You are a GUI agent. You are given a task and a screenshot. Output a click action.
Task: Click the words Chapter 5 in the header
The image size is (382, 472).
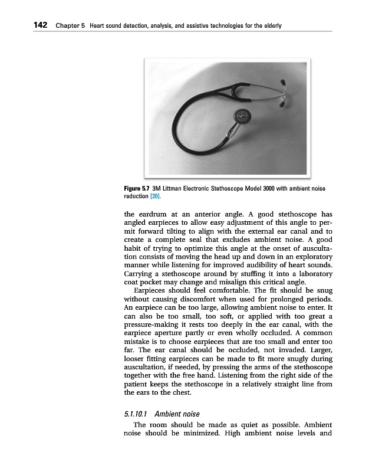click(x=71, y=26)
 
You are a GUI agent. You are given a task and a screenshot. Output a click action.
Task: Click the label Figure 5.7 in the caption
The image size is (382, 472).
click(x=137, y=188)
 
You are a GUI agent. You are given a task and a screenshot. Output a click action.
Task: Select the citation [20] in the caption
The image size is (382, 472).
click(x=155, y=195)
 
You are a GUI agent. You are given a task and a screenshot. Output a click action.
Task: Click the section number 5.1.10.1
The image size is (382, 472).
click(x=133, y=414)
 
